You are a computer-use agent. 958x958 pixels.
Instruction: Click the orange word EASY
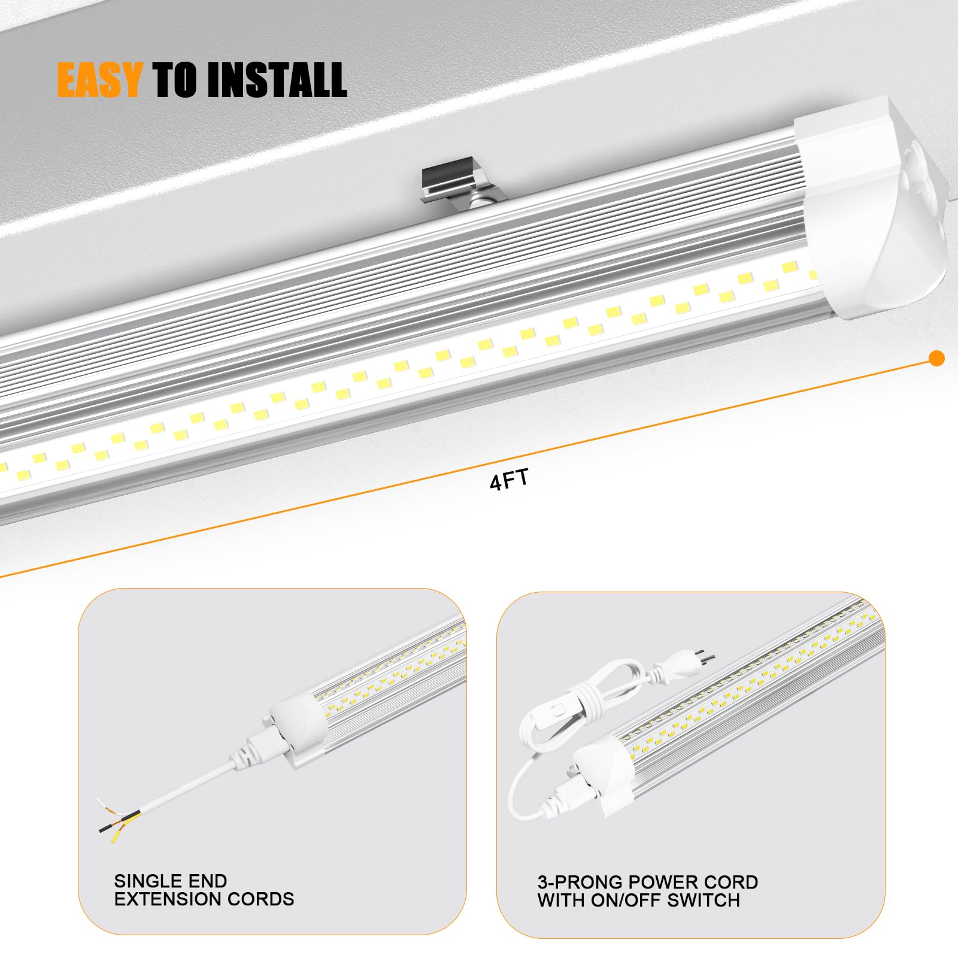(x=99, y=80)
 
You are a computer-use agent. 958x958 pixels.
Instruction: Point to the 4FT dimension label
(x=509, y=480)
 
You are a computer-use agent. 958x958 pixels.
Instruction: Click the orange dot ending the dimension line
(x=937, y=359)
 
